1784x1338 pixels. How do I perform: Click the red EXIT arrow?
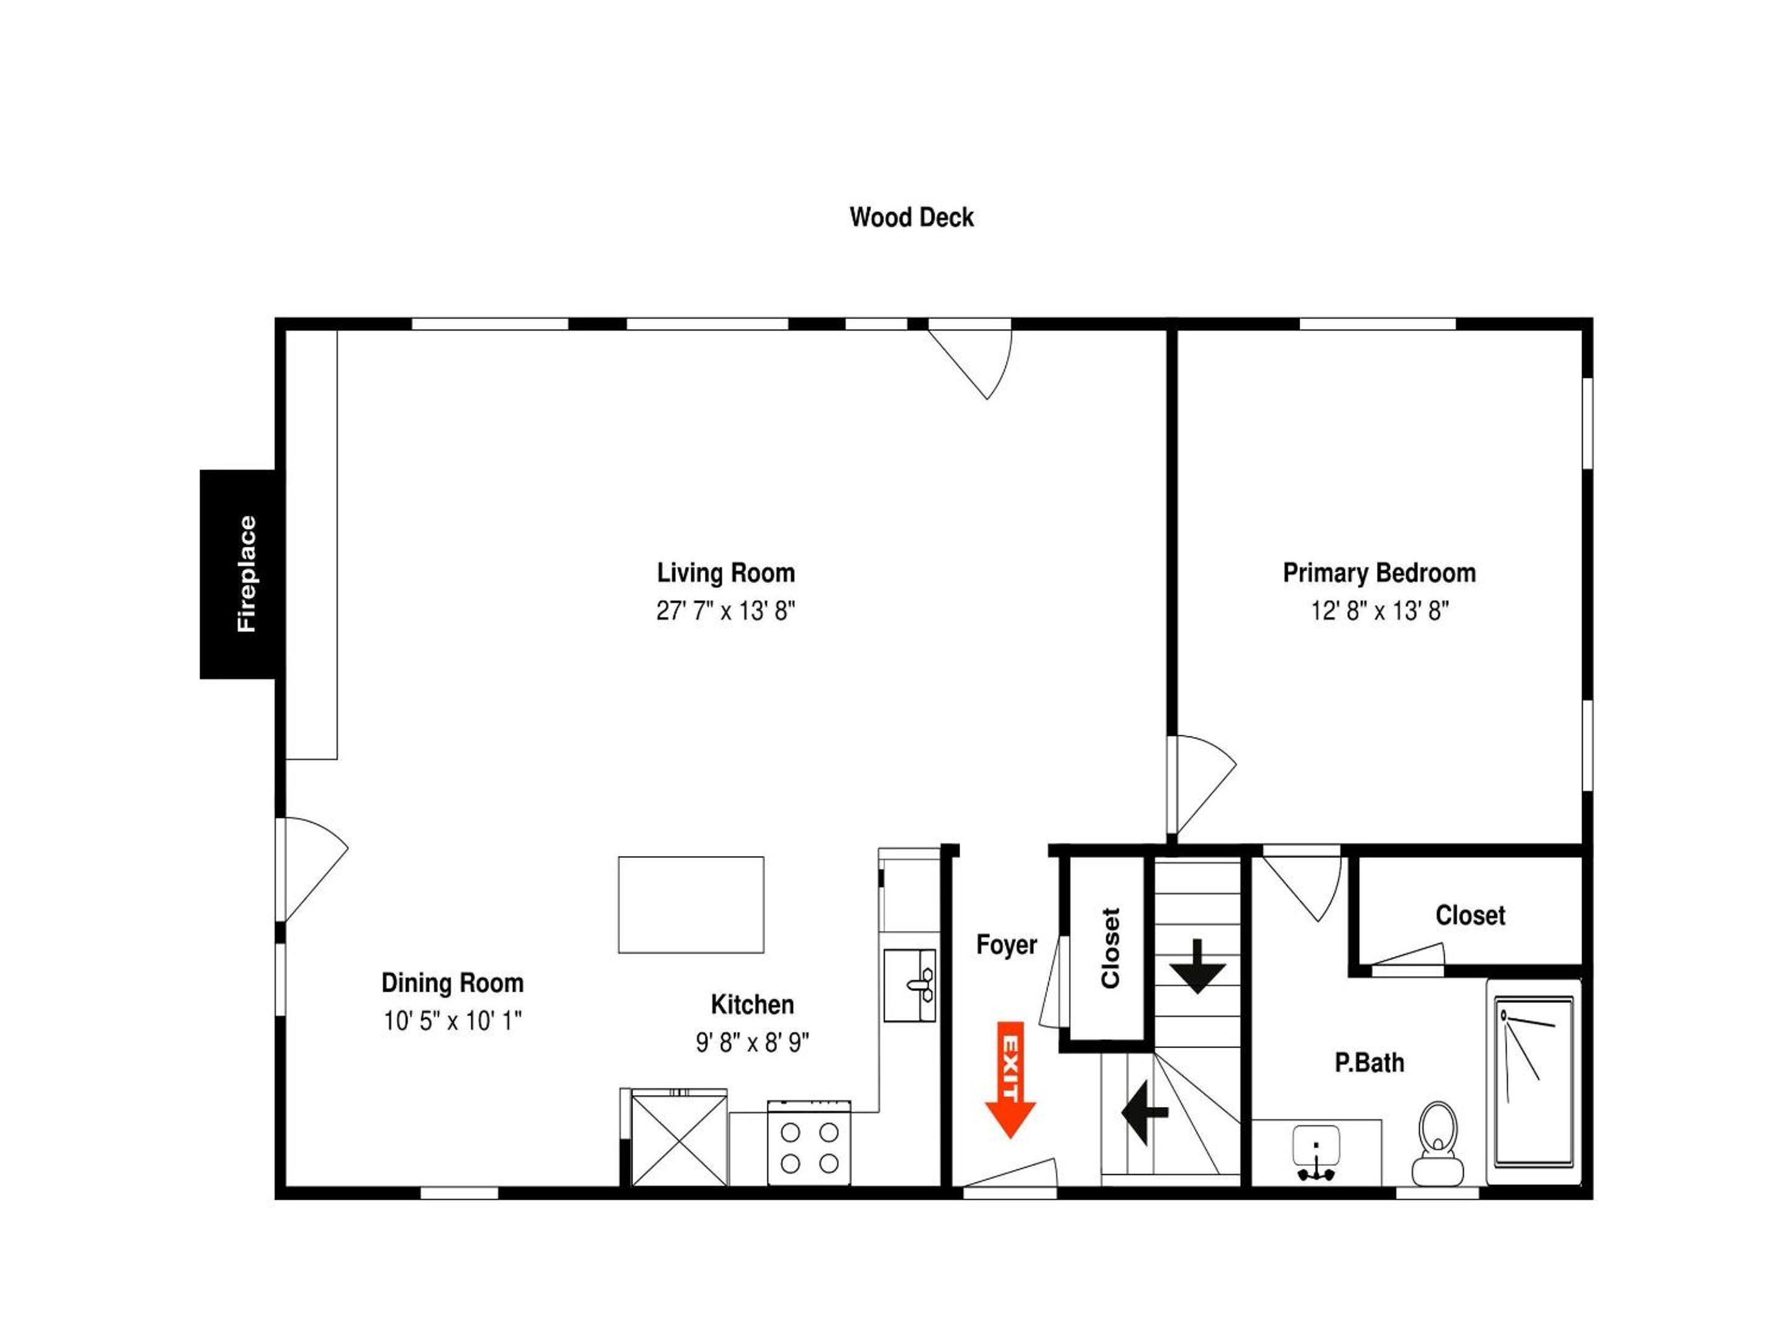pos(1010,1080)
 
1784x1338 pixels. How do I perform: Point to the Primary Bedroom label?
pos(1379,574)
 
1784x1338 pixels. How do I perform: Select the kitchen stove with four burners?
pos(809,1142)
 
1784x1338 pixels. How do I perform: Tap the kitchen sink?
pos(910,986)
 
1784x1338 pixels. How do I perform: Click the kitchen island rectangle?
pos(691,905)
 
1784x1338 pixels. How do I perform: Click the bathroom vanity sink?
pos(1316,1153)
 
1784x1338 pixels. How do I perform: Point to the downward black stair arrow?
pos(1197,965)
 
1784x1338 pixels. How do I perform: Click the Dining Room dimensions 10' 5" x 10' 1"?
pos(452,1021)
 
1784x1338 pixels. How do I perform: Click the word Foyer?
pos(1007,945)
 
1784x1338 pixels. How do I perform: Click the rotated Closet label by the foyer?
pos(1111,948)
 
